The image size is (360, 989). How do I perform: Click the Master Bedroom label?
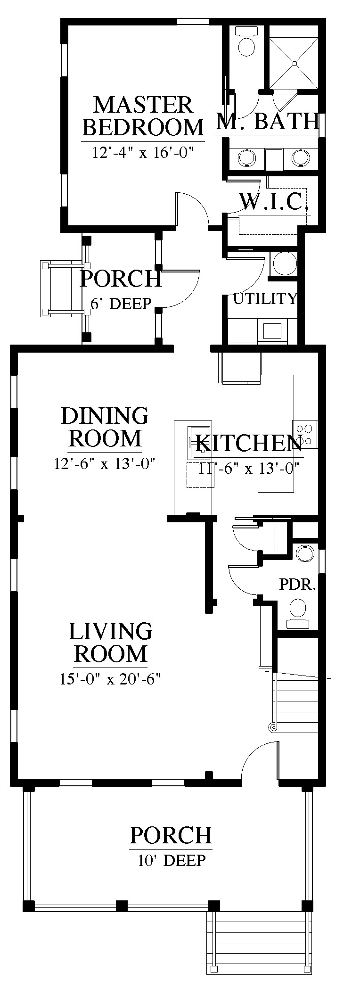coord(143,116)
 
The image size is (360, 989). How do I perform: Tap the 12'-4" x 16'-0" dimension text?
coord(143,153)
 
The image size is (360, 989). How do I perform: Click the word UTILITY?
coord(265,298)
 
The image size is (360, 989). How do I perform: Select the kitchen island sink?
coord(199,442)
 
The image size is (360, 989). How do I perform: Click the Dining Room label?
coord(105,427)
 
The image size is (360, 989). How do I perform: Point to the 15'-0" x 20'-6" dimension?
coord(111,679)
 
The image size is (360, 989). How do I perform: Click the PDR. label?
coord(297,585)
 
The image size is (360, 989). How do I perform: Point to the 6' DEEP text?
coord(121,304)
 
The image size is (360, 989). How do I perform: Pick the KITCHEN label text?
coord(249,443)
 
